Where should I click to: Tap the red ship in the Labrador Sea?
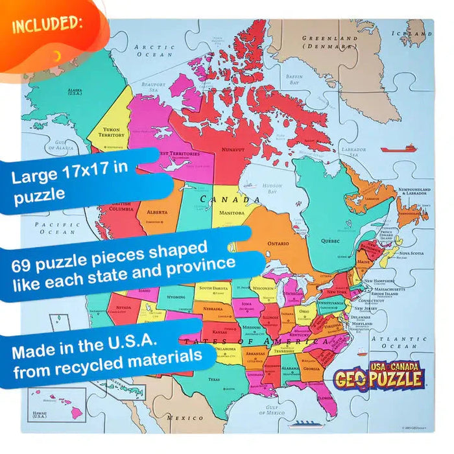394,149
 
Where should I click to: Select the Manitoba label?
232,213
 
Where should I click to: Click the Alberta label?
158,212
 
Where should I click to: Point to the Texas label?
214,379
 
